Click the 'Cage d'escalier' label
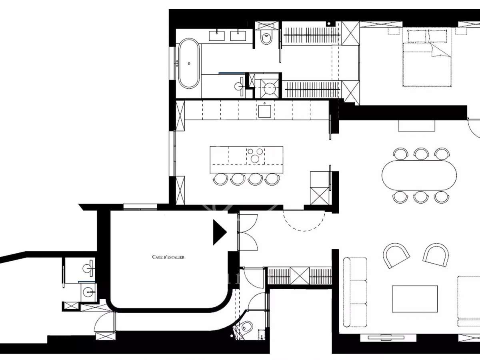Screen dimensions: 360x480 pos(168,257)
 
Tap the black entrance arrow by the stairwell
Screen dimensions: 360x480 pos(219,232)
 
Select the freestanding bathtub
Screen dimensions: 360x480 pos(188,63)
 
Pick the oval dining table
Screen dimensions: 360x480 pos(419,175)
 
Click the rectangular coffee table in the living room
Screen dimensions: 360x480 pos(415,298)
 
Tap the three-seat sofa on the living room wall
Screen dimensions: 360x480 pos(355,292)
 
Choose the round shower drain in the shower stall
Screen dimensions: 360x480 pos(267,88)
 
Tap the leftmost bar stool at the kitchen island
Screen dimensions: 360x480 pos(220,179)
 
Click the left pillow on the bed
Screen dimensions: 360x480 pos(417,36)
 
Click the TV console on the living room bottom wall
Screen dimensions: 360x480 pos(383,337)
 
